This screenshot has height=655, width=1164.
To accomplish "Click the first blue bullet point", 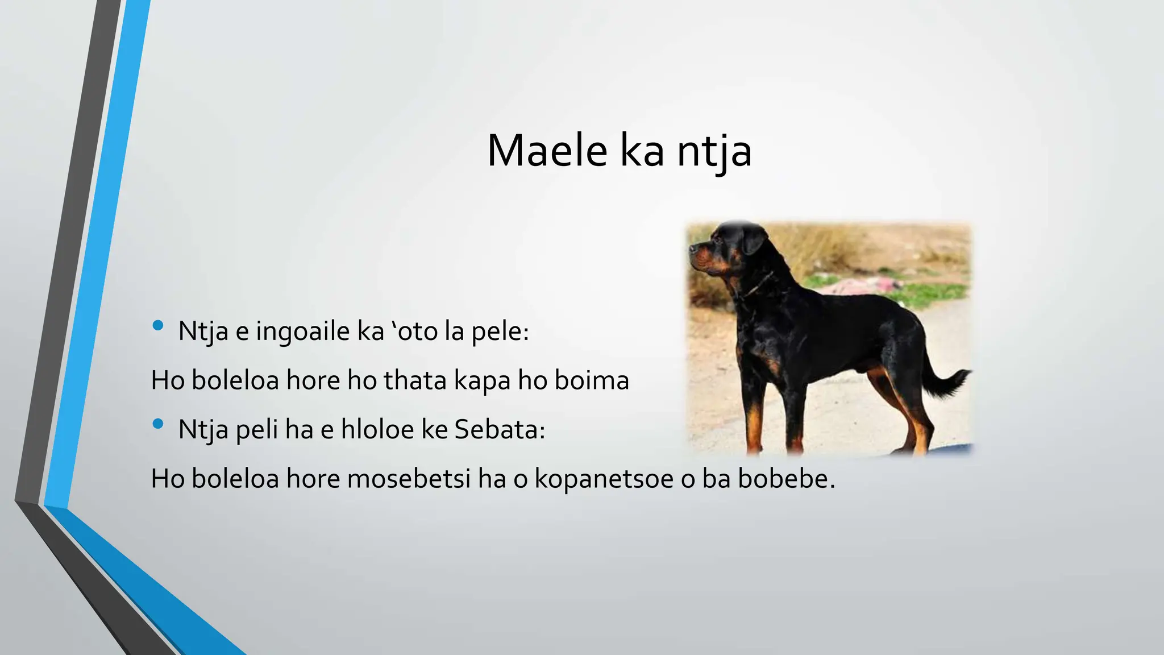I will point(158,326).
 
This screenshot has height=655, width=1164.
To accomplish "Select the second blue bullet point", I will point(158,424).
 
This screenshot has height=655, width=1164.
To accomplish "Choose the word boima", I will point(592,380).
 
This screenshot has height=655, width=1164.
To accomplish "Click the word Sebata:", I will point(500,429).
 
